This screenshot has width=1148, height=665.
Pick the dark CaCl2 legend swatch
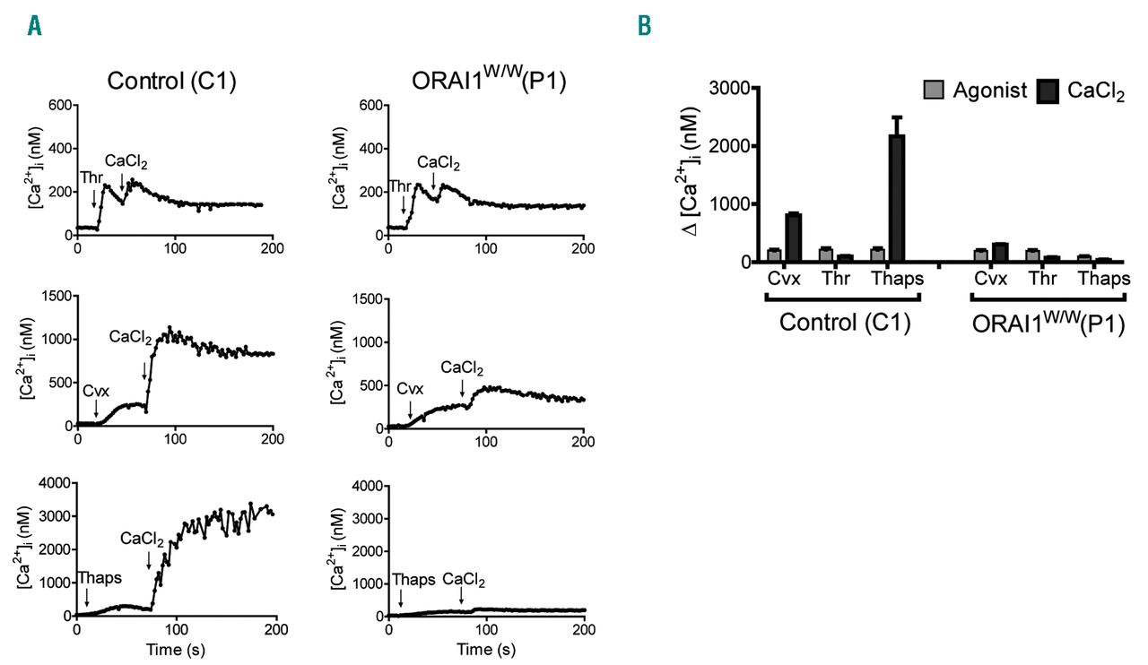pos(1048,91)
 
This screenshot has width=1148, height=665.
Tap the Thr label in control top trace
pos(91,177)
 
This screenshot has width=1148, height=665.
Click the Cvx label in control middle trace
pos(95,392)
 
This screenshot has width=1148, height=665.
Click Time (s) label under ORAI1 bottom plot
pos(485,648)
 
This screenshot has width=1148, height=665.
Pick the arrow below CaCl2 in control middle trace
pos(144,371)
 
